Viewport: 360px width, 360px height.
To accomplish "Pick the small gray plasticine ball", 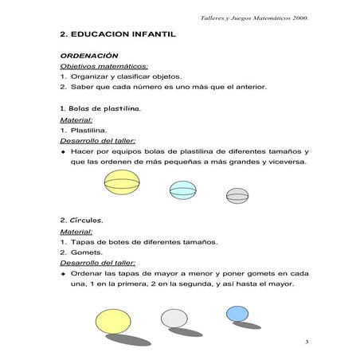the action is pyautogui.click(x=237, y=194).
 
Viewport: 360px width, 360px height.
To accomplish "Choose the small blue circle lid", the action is pyautogui.click(x=237, y=313).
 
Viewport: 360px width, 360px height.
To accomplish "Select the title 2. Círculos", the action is pyautogui.click(x=81, y=218).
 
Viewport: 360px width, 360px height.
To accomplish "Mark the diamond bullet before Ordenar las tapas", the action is pyautogui.click(x=63, y=273).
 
